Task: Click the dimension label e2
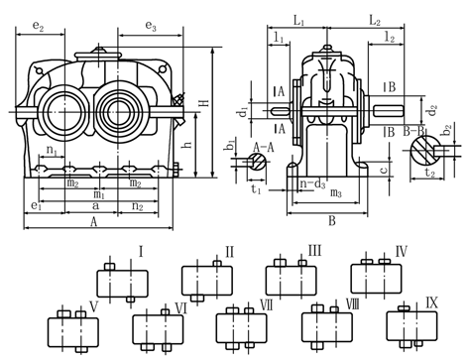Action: pos(38,27)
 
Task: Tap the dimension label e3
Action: pos(151,26)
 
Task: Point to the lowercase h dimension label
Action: pos(188,145)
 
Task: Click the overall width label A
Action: pos(94,222)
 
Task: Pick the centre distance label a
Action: pos(95,205)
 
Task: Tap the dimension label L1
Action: pos(298,21)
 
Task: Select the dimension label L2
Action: pos(375,21)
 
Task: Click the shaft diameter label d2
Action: pos(432,110)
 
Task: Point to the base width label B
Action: pos(332,220)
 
